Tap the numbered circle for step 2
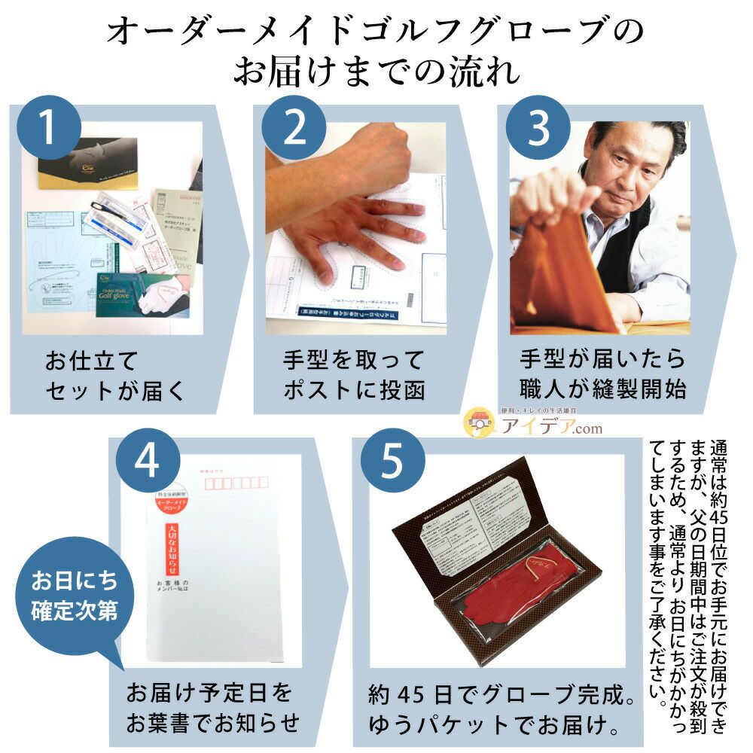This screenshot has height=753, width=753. (294, 128)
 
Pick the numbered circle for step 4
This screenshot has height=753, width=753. (147, 461)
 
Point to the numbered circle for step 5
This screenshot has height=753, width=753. (392, 461)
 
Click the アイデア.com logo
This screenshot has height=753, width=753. (532, 425)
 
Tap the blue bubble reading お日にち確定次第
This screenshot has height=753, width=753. (73, 596)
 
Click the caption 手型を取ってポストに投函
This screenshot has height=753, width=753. (354, 374)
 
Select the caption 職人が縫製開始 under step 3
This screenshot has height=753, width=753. (602, 389)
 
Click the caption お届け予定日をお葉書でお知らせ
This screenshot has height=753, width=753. (212, 709)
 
